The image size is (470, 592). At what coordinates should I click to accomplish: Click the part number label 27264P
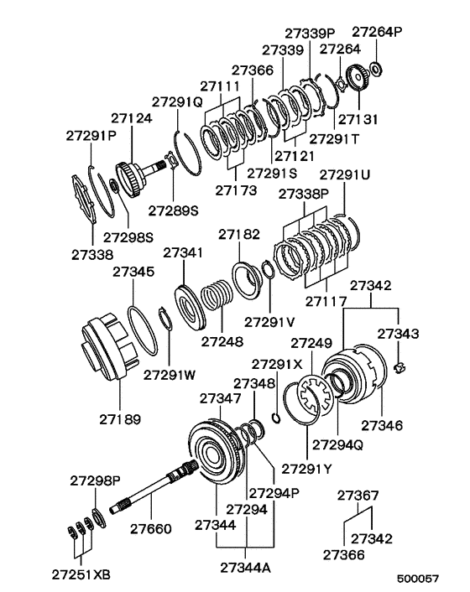(376, 32)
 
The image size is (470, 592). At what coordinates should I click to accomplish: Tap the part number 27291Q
(175, 102)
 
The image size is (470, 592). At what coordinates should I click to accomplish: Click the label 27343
(399, 334)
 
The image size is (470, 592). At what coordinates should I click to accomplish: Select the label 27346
(383, 427)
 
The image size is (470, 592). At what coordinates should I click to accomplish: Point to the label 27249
(312, 343)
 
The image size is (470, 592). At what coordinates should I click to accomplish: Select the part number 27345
(133, 273)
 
